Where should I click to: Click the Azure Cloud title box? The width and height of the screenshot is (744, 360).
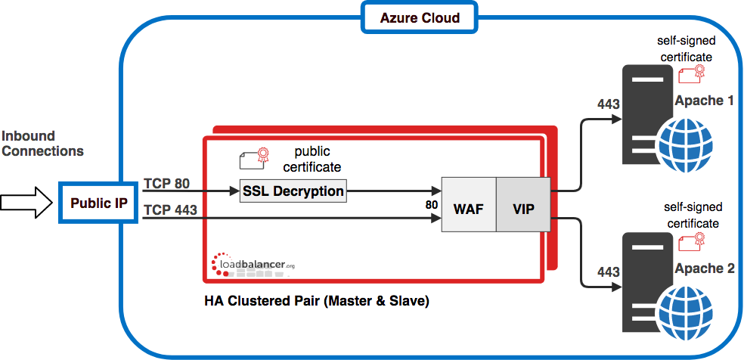click(420, 18)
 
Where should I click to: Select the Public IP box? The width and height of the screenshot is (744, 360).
click(99, 203)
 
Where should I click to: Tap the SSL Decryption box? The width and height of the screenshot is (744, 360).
click(293, 191)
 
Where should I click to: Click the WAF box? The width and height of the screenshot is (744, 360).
click(469, 204)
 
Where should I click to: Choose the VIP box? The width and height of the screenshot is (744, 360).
click(523, 204)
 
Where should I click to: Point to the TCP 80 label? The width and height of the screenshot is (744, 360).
click(166, 184)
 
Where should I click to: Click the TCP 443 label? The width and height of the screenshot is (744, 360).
click(170, 209)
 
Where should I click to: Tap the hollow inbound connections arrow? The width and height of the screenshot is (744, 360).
click(26, 203)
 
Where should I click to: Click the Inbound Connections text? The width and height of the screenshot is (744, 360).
click(42, 143)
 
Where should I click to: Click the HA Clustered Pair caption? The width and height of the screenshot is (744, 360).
click(317, 301)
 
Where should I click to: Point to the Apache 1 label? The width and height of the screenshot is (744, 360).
click(704, 101)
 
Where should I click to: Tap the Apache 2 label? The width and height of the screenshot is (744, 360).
click(704, 268)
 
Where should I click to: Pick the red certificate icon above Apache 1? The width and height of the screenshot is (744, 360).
click(692, 75)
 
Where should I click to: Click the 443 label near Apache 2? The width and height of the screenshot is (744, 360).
click(609, 272)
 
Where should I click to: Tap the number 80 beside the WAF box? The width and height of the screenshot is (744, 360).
click(431, 206)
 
